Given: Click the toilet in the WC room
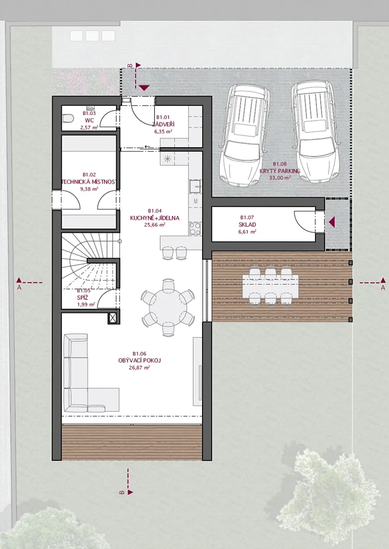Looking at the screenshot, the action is point(68,119).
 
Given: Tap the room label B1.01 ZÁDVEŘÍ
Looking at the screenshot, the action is point(164,121).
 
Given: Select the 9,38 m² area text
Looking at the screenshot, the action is point(89,188).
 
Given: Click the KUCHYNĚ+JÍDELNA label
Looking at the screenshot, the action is point(155,218).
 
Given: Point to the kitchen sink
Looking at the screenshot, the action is point(195,186).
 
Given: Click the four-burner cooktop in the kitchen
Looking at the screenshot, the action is point(195,228).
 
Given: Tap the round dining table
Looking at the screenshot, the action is point(168,307).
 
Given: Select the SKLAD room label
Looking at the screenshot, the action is point(247,225).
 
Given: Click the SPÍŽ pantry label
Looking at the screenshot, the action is point(82,298).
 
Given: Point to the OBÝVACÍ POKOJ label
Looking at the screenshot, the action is point(139,361).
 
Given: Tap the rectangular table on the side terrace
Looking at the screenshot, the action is point(271,286).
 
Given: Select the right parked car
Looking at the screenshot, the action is point(316,132).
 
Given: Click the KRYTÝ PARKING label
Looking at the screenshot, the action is point(280,171).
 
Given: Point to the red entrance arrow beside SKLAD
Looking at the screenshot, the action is point(332,222).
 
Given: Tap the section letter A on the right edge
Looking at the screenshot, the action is point(383,288).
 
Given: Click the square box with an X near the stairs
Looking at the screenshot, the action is point(112,318).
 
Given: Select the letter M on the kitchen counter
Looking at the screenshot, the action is point(196,201).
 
